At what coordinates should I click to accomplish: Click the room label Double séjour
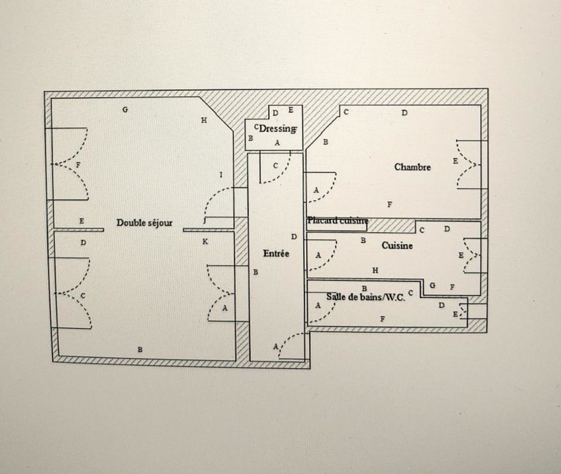(144, 223)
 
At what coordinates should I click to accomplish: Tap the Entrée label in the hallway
(276, 254)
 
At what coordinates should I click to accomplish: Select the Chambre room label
(412, 167)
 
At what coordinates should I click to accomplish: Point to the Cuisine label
(397, 246)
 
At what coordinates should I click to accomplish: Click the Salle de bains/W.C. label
(365, 297)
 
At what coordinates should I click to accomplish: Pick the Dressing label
(278, 128)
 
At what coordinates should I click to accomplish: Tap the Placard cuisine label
(337, 221)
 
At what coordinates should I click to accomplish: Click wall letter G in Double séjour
(125, 110)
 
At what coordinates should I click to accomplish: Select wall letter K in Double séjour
(205, 242)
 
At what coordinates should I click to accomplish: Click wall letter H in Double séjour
(204, 120)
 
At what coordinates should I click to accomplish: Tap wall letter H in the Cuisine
(375, 270)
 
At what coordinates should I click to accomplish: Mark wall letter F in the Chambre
(390, 204)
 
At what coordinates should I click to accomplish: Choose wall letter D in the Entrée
(293, 237)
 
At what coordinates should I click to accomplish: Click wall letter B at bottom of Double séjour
(140, 349)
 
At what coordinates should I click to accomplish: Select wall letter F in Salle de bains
(383, 319)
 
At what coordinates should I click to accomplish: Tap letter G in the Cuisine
(432, 286)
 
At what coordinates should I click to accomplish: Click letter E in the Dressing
(291, 110)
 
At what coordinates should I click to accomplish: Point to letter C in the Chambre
(346, 112)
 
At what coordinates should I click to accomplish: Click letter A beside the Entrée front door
(275, 347)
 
